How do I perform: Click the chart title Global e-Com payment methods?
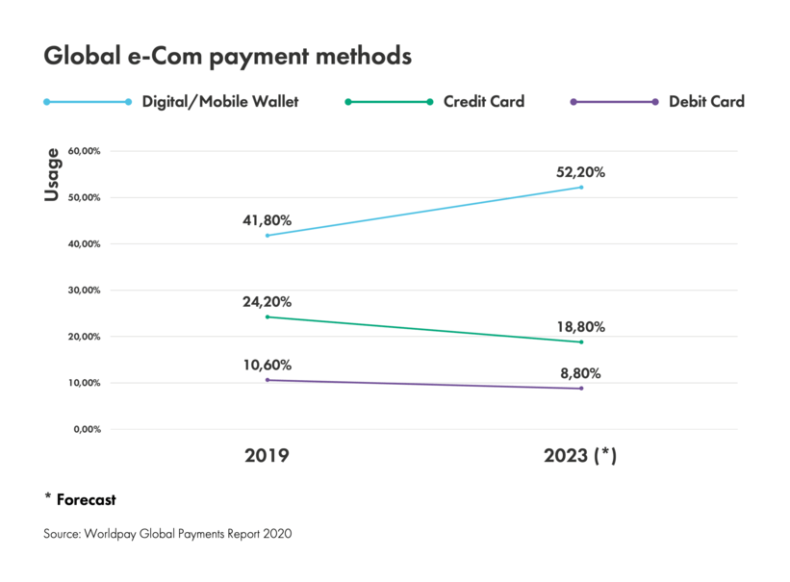(227, 57)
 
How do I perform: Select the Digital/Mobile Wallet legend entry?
(219, 101)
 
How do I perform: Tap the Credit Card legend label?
(483, 101)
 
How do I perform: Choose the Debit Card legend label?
(706, 101)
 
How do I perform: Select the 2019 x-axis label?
(267, 456)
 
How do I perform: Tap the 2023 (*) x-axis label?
(580, 456)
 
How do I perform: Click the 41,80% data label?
(267, 220)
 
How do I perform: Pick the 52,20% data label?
(580, 172)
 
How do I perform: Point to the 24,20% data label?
(267, 302)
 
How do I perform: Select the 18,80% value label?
(580, 327)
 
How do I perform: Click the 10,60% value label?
(267, 365)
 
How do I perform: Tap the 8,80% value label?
(580, 373)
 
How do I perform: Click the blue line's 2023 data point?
(581, 187)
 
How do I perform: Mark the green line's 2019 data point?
(267, 316)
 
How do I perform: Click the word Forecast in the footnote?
(86, 499)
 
